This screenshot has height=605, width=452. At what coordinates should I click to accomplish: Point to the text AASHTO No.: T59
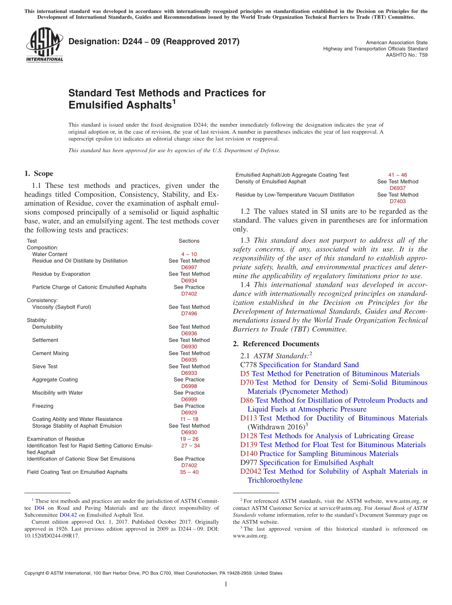[x=406, y=55]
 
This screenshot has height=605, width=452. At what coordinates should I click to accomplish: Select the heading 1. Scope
[x=39, y=174]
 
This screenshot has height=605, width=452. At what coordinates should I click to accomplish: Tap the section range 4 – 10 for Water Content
[x=189, y=254]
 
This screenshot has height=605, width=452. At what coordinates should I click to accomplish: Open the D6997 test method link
[x=189, y=267]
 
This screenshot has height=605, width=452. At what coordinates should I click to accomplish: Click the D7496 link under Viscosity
[x=189, y=313]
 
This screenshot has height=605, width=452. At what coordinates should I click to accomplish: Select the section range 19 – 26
[x=189, y=439]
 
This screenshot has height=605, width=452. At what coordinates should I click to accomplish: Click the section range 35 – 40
[x=189, y=472]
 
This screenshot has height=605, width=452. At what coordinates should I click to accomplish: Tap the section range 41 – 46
[x=398, y=175]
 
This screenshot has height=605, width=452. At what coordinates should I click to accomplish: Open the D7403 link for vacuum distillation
[x=398, y=201]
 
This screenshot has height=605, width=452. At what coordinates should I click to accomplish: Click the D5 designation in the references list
[x=245, y=374]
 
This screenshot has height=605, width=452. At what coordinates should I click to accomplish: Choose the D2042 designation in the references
[x=251, y=471]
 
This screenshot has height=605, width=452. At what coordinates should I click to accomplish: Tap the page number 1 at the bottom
[x=226, y=585]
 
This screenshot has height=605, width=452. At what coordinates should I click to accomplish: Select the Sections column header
[x=189, y=241]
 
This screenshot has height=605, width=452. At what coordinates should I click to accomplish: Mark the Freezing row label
[x=43, y=406]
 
